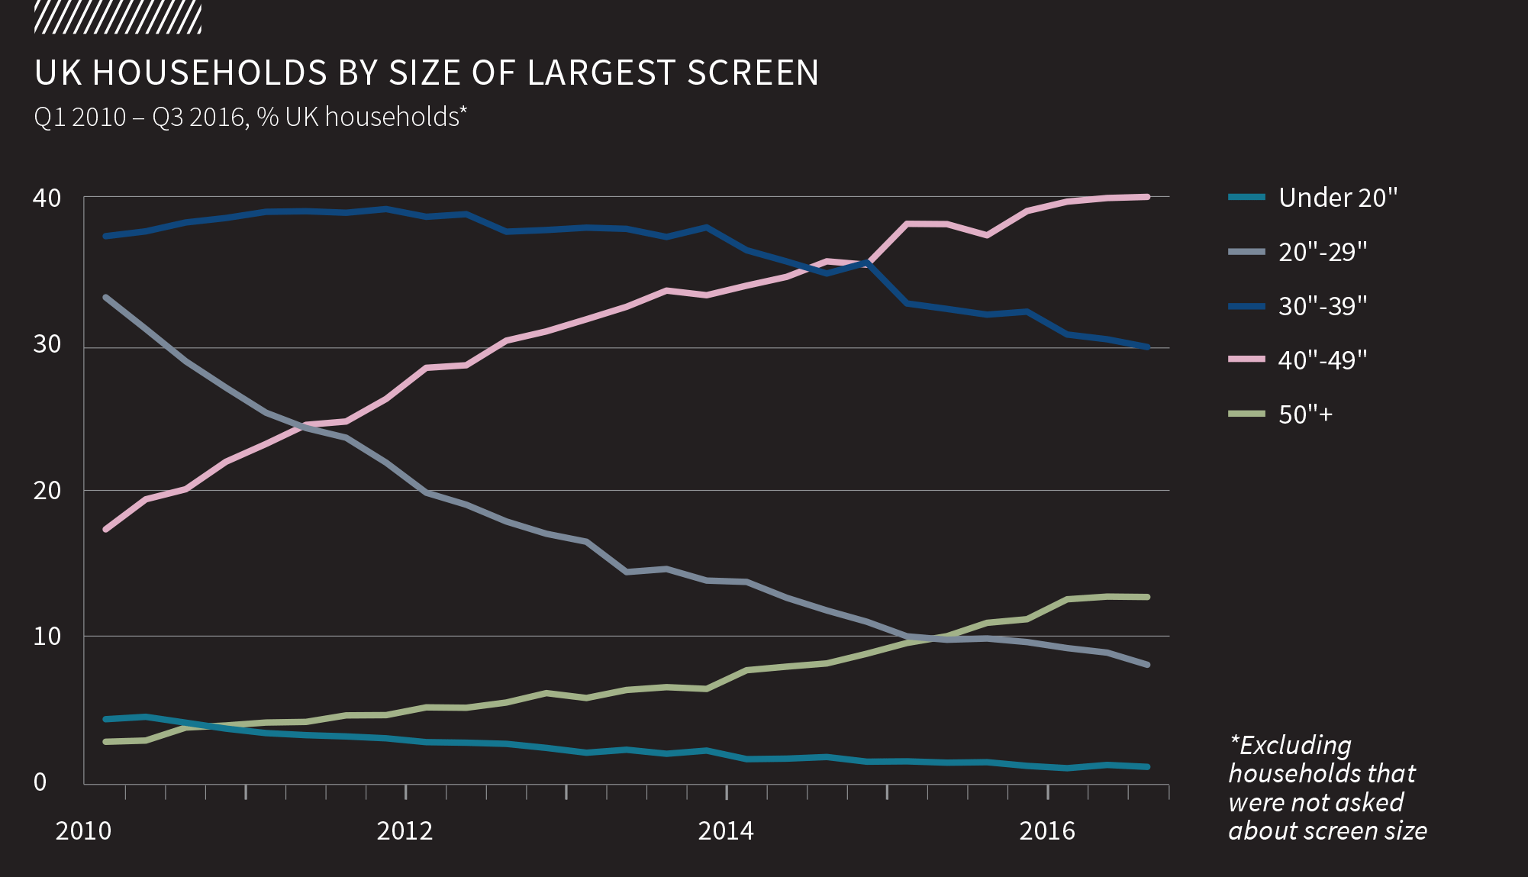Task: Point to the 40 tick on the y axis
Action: (47, 198)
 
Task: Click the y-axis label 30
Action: (47, 344)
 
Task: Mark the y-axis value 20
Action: (47, 490)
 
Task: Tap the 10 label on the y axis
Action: (47, 636)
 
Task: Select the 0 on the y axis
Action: (40, 782)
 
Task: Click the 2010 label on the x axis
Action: (83, 830)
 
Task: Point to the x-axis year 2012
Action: (405, 830)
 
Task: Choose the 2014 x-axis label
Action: (726, 830)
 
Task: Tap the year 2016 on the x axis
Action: (1047, 830)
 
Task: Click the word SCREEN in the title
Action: (753, 73)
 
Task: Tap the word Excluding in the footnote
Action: (1294, 745)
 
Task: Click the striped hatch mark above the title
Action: (118, 18)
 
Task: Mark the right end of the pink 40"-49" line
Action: (1147, 197)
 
